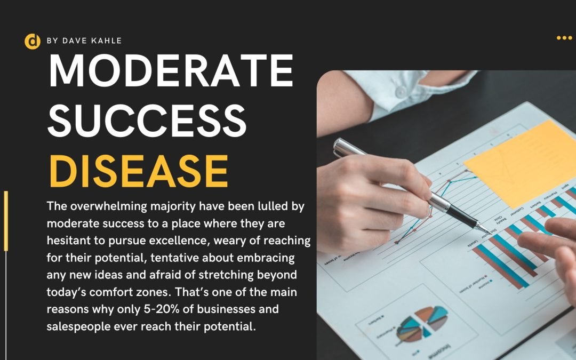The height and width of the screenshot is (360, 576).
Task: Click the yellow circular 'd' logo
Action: (33, 41)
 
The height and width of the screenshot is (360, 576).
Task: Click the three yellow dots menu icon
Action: (564, 38)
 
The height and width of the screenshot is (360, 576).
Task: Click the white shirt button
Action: (401, 91)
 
